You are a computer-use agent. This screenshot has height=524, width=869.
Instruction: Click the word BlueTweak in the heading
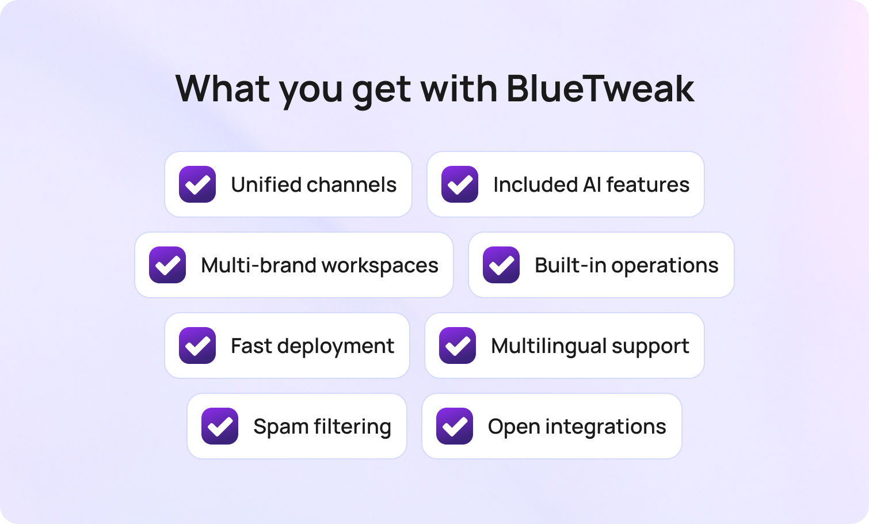pyautogui.click(x=600, y=89)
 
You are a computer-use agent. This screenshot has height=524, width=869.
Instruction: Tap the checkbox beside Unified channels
pyautogui.click(x=197, y=184)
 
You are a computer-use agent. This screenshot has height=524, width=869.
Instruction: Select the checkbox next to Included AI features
pyautogui.click(x=460, y=184)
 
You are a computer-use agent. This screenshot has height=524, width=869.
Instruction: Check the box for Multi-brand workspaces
pyautogui.click(x=167, y=265)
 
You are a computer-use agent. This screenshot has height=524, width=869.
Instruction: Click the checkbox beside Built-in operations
pyautogui.click(x=501, y=265)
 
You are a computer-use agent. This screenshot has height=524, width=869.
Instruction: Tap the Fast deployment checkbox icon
pyautogui.click(x=197, y=345)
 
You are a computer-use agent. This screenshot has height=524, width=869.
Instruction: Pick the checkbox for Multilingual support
pyautogui.click(x=458, y=345)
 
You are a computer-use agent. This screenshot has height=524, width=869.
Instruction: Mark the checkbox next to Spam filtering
pyautogui.click(x=220, y=426)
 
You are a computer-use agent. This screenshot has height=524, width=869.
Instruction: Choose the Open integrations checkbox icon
pyautogui.click(x=455, y=426)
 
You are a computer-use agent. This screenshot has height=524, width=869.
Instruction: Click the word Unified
pyautogui.click(x=266, y=185)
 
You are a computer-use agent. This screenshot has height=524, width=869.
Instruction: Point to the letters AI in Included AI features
pyautogui.click(x=592, y=185)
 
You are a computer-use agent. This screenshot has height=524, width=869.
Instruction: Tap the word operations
pyautogui.click(x=665, y=266)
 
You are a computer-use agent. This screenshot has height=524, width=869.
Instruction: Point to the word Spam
pyautogui.click(x=281, y=427)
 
